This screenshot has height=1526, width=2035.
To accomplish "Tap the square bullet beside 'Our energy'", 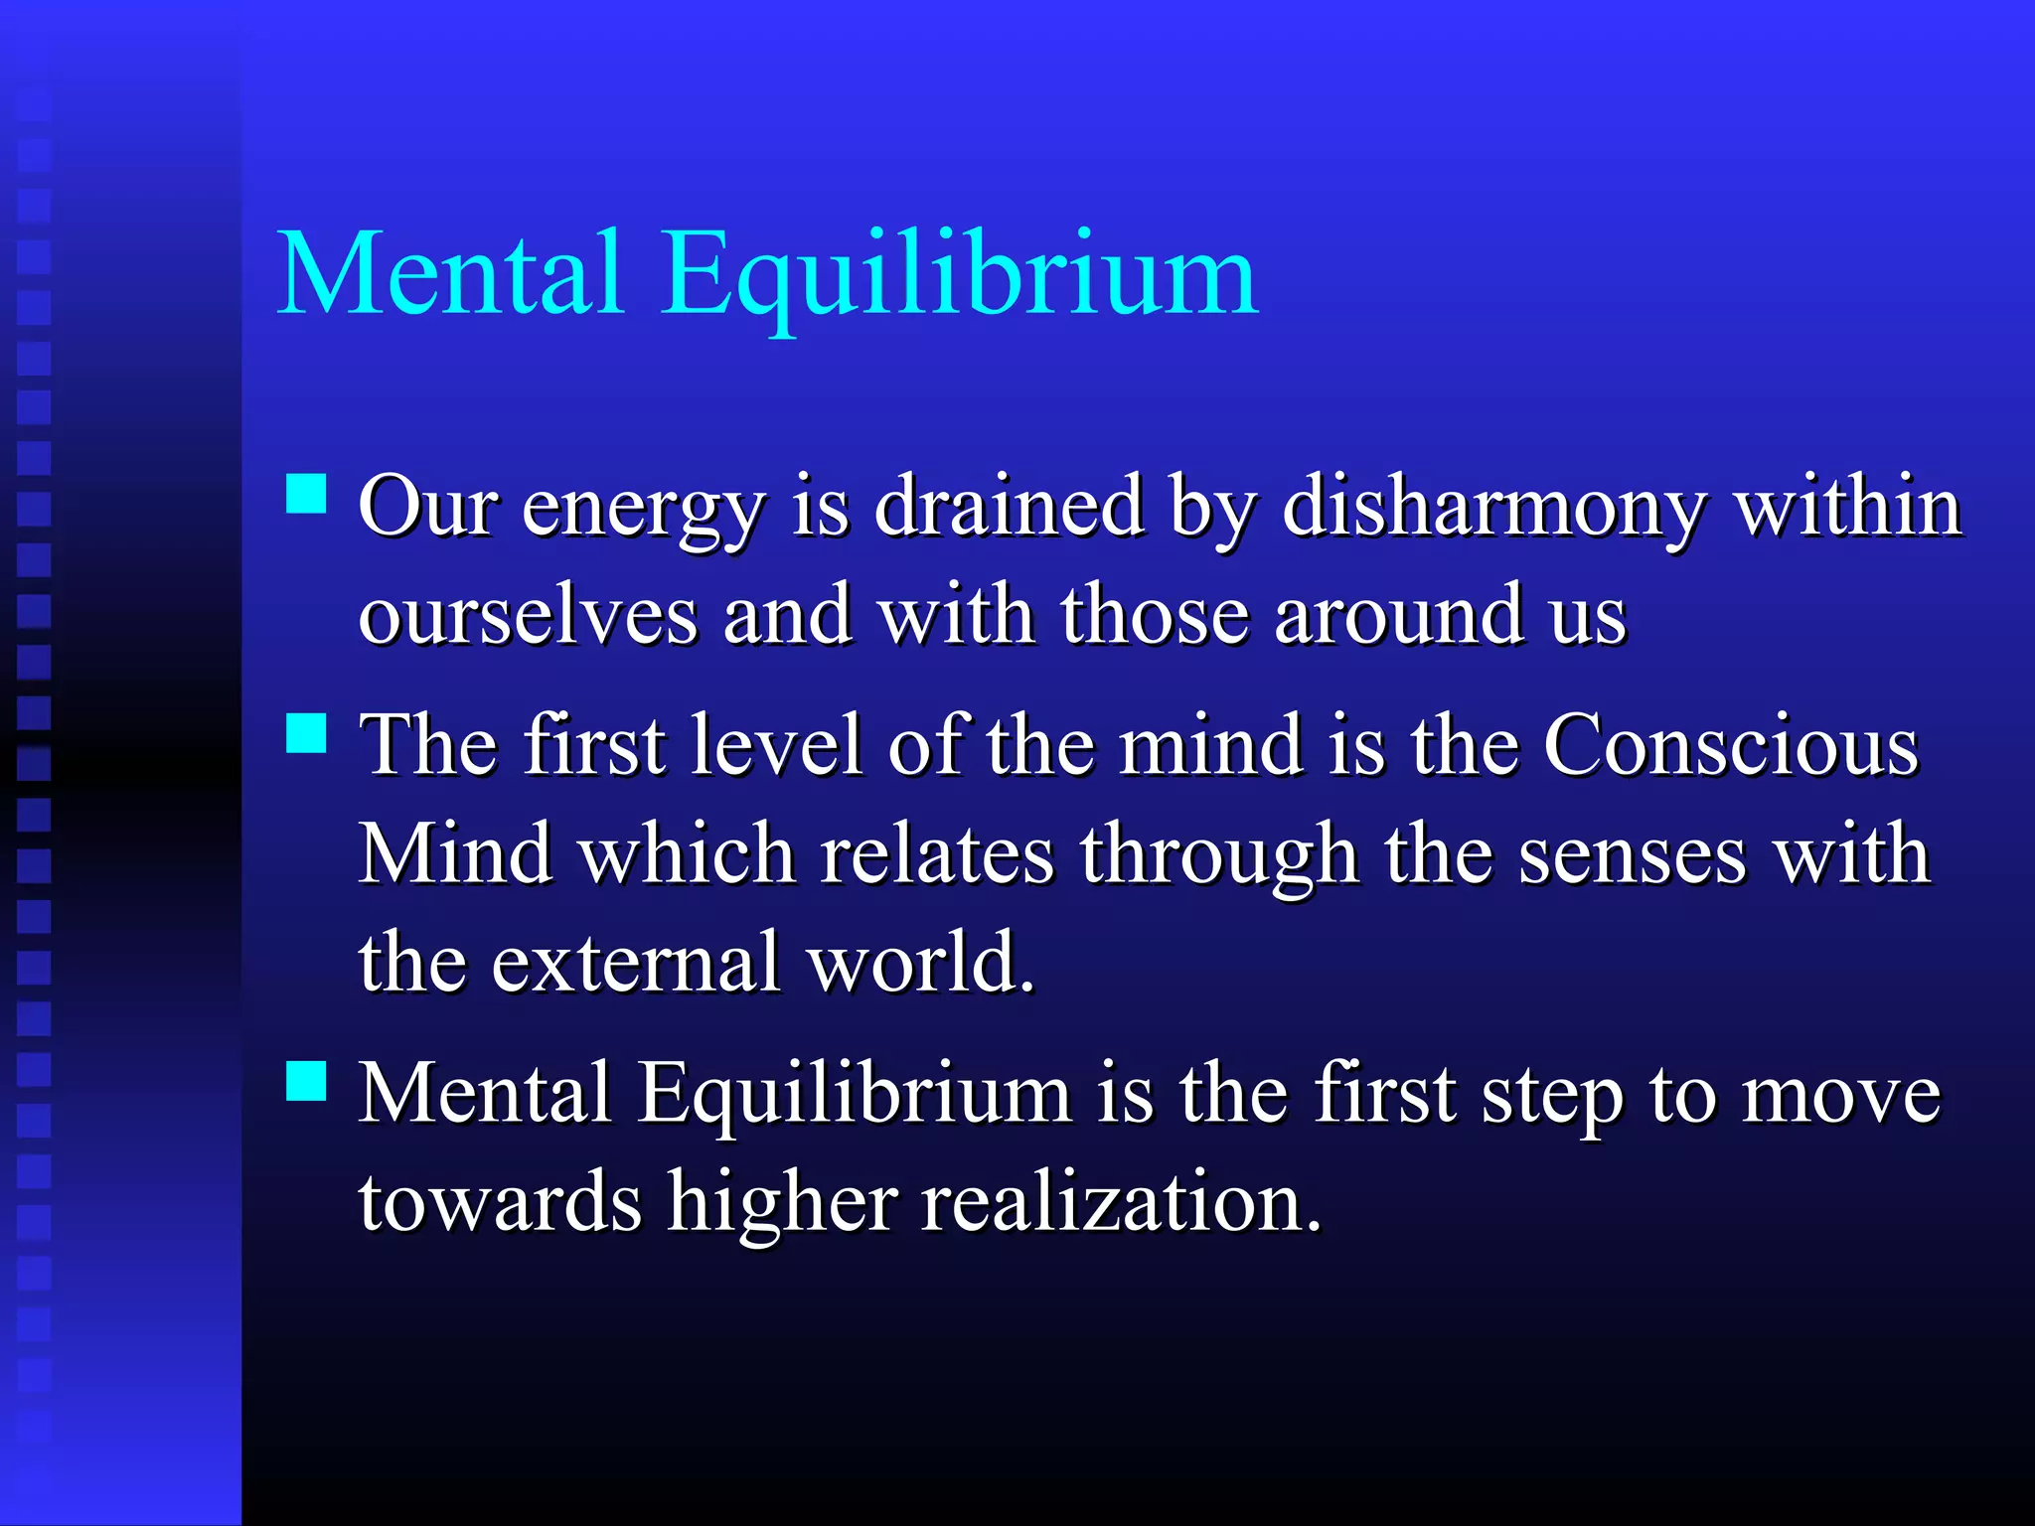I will (x=306, y=493).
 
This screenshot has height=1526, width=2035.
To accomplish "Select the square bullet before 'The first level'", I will (x=306, y=734).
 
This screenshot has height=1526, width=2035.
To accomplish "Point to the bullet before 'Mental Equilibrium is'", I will (x=306, y=1081).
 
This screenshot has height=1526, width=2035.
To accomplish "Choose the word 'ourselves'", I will (x=528, y=616).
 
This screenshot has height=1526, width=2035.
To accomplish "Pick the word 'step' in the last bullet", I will (x=1553, y=1095).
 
